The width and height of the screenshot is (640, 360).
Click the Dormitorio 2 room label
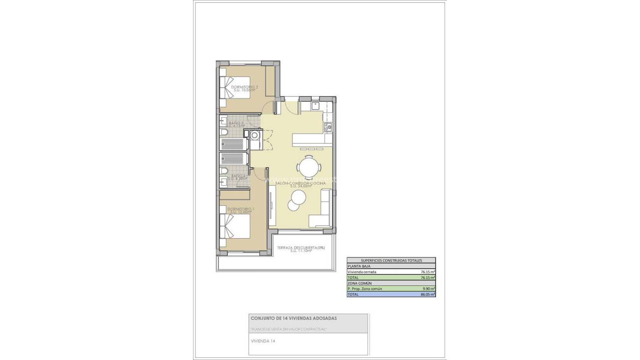click(x=241, y=88)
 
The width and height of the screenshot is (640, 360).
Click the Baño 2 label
click(x=236, y=124)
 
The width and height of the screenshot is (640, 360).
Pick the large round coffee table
click(x=298, y=197)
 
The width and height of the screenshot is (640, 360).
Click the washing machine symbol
click(x=255, y=135)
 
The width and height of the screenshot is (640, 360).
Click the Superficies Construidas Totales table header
click(x=391, y=260)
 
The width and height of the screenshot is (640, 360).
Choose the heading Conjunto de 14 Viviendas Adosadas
click(x=293, y=318)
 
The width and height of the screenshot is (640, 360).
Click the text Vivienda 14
click(x=263, y=341)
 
